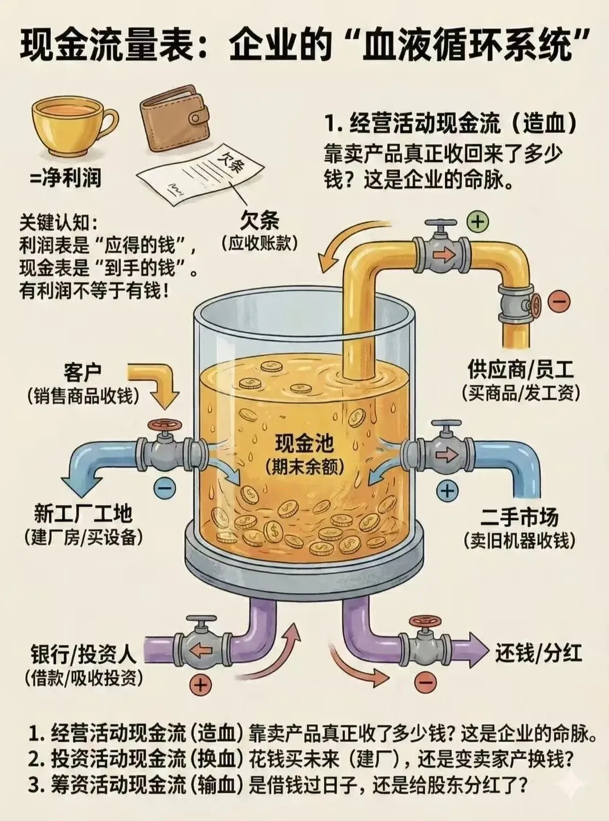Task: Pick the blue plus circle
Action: tap(448, 490)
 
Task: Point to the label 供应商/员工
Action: tap(520, 371)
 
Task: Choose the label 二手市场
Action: tap(519, 517)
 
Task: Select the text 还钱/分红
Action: tap(538, 652)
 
